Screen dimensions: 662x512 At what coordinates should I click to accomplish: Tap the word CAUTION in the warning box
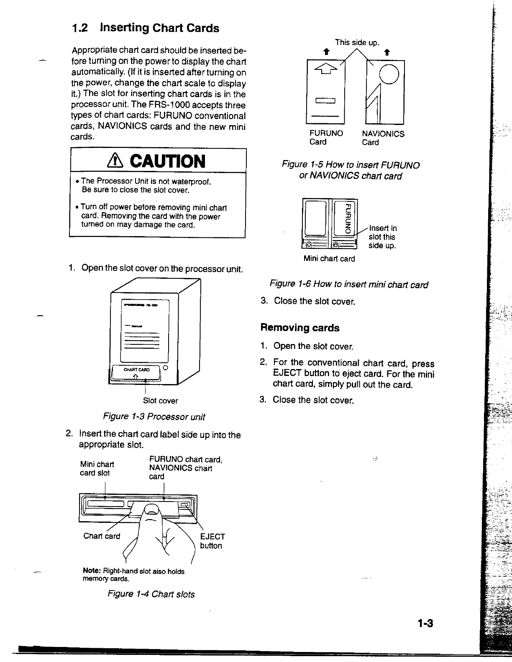coord(168,161)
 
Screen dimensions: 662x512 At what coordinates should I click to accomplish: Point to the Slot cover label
coord(160,401)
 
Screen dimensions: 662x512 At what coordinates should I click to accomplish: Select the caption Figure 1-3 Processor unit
coord(154,417)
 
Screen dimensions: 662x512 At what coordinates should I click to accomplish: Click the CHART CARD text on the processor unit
coord(137,369)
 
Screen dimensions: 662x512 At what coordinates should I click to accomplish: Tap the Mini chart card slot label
coord(97,468)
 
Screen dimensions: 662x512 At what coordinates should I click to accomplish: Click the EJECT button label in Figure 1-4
coord(212,541)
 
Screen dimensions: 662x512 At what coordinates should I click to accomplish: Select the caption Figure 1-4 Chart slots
coord(151,594)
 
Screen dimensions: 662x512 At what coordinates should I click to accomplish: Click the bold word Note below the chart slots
coord(92,571)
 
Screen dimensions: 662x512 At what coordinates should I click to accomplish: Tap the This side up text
coord(357,43)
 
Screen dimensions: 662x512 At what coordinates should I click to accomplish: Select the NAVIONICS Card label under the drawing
coord(383,138)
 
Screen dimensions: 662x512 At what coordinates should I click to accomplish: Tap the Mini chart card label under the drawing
coord(329,259)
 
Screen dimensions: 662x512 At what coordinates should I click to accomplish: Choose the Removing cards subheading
coord(300,328)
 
